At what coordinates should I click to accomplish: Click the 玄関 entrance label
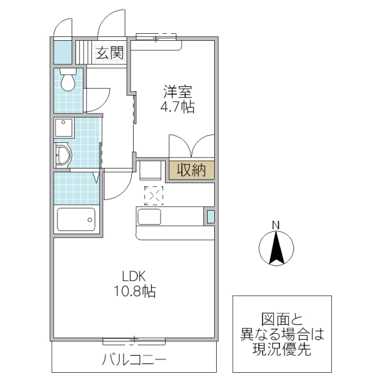109,53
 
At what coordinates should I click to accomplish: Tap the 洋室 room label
176,91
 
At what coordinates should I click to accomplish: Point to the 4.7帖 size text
176,107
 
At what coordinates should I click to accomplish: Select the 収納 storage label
191,170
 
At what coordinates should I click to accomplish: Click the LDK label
135,276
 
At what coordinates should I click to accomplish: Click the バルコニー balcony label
134,360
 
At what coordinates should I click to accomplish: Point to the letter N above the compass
276,225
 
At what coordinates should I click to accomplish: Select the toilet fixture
66,80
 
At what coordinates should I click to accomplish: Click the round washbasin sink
63,155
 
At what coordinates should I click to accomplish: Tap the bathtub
76,220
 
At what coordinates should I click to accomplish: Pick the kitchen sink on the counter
151,217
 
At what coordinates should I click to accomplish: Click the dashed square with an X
153,195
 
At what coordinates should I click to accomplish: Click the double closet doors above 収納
191,146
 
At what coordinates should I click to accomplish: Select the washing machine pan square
64,127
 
